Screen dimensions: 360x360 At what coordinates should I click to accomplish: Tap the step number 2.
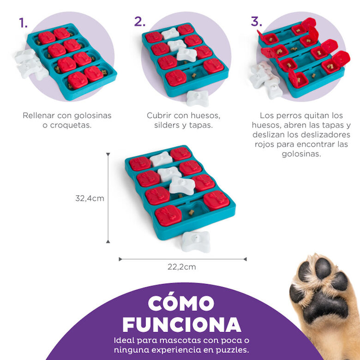tap(139, 21)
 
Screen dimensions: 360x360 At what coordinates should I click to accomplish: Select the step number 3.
tap(256, 21)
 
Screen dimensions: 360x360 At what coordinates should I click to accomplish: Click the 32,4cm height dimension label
tap(90, 198)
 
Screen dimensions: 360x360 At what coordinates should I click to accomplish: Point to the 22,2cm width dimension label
tap(183, 267)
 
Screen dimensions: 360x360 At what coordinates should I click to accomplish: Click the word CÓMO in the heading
tap(181, 303)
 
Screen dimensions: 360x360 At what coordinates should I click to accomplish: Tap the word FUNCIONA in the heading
tap(181, 324)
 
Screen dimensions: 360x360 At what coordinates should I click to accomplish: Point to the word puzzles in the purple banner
tap(226, 350)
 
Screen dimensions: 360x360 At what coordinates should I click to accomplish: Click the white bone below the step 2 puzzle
tap(198, 98)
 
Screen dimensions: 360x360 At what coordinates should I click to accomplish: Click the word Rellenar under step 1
tap(39, 115)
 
